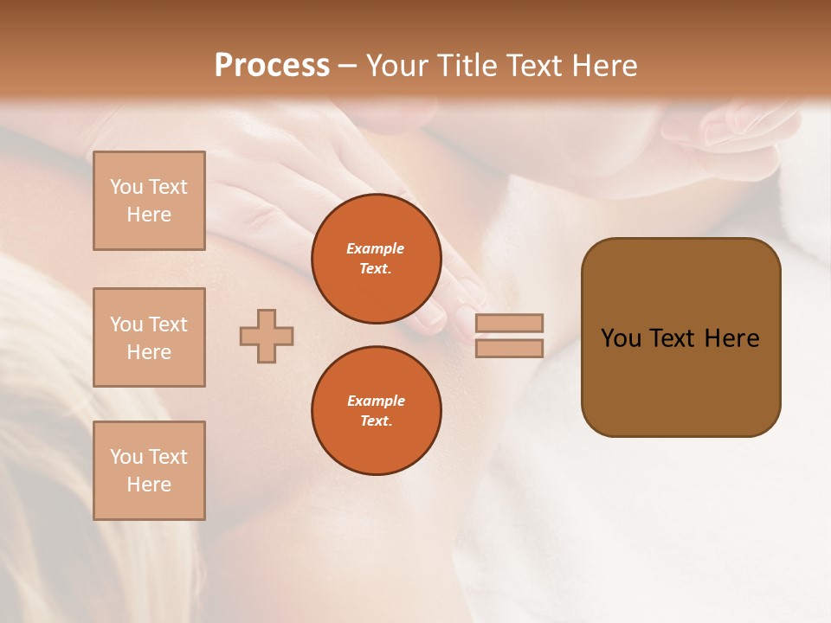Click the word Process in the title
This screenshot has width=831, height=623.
tap(272, 66)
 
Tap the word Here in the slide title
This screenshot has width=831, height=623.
tap(603, 66)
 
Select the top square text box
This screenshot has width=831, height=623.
tap(149, 201)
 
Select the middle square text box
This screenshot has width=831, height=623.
tap(149, 337)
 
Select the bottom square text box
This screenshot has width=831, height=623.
tap(149, 471)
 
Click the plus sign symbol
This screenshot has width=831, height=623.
tap(267, 337)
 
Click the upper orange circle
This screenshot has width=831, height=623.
tap(377, 259)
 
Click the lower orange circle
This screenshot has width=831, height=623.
tap(377, 411)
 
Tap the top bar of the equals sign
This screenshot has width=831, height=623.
tap(509, 323)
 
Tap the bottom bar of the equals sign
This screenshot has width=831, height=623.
tap(509, 349)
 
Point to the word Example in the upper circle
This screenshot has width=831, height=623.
tap(376, 249)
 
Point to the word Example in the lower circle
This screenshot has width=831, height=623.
tap(376, 401)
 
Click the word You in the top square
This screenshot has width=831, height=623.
tap(126, 187)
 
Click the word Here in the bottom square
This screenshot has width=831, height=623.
tap(149, 485)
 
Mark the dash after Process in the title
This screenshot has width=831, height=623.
tap(347, 67)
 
